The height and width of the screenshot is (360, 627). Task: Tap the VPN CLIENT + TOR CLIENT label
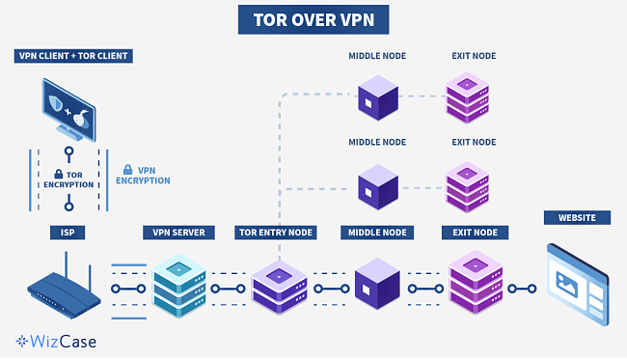point(74,56)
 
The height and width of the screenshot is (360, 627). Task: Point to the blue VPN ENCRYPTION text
point(143,175)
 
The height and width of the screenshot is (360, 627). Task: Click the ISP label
point(68,233)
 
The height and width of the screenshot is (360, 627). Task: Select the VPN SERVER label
point(179,233)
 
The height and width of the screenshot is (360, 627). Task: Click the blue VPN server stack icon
point(179,282)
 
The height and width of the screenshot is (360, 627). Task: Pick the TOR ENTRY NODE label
point(276,233)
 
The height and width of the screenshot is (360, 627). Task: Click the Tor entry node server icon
point(278,287)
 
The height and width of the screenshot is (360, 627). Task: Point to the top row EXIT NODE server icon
point(469,100)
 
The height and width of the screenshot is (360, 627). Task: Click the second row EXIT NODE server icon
point(469,185)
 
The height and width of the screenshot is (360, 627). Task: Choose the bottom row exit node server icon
point(473,283)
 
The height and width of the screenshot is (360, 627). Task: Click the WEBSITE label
point(577,218)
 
